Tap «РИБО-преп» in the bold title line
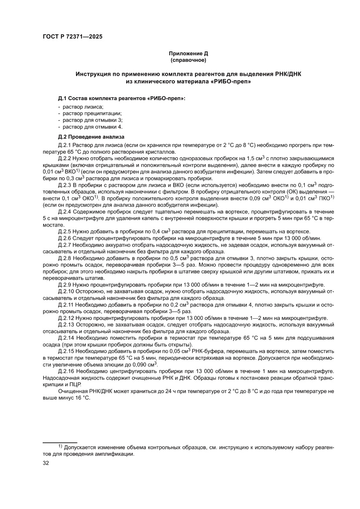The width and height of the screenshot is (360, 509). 233,81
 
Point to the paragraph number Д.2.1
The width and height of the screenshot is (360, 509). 64,145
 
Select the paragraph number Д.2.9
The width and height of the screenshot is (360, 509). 64,284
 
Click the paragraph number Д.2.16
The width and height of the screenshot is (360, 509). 66,371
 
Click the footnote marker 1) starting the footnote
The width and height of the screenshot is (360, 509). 61,447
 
